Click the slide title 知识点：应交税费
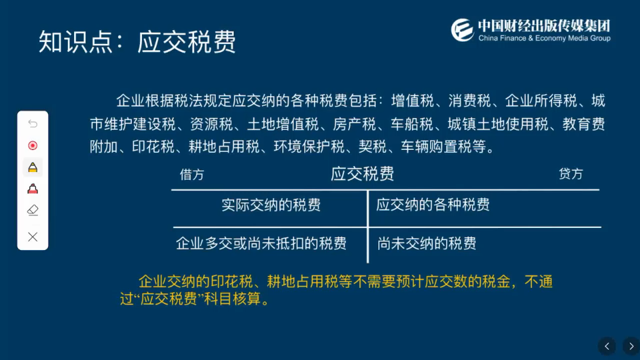tap(137, 42)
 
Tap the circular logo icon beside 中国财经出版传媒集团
tap(462, 29)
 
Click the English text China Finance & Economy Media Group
tap(544, 39)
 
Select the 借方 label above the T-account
tap(192, 175)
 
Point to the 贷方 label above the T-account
tap(571, 174)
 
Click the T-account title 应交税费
tap(362, 174)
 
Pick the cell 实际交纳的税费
tap(271, 205)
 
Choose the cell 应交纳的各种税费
tap(433, 205)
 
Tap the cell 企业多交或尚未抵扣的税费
tap(261, 243)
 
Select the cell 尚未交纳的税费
tap(427, 243)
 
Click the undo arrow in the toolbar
tap(33, 124)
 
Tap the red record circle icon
tap(33, 145)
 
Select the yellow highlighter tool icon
tap(33, 167)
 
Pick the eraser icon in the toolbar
tap(33, 210)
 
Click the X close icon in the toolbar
tap(33, 237)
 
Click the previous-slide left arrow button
tap(607, 346)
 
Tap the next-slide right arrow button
tap(631, 346)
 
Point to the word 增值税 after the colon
tap(412, 101)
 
